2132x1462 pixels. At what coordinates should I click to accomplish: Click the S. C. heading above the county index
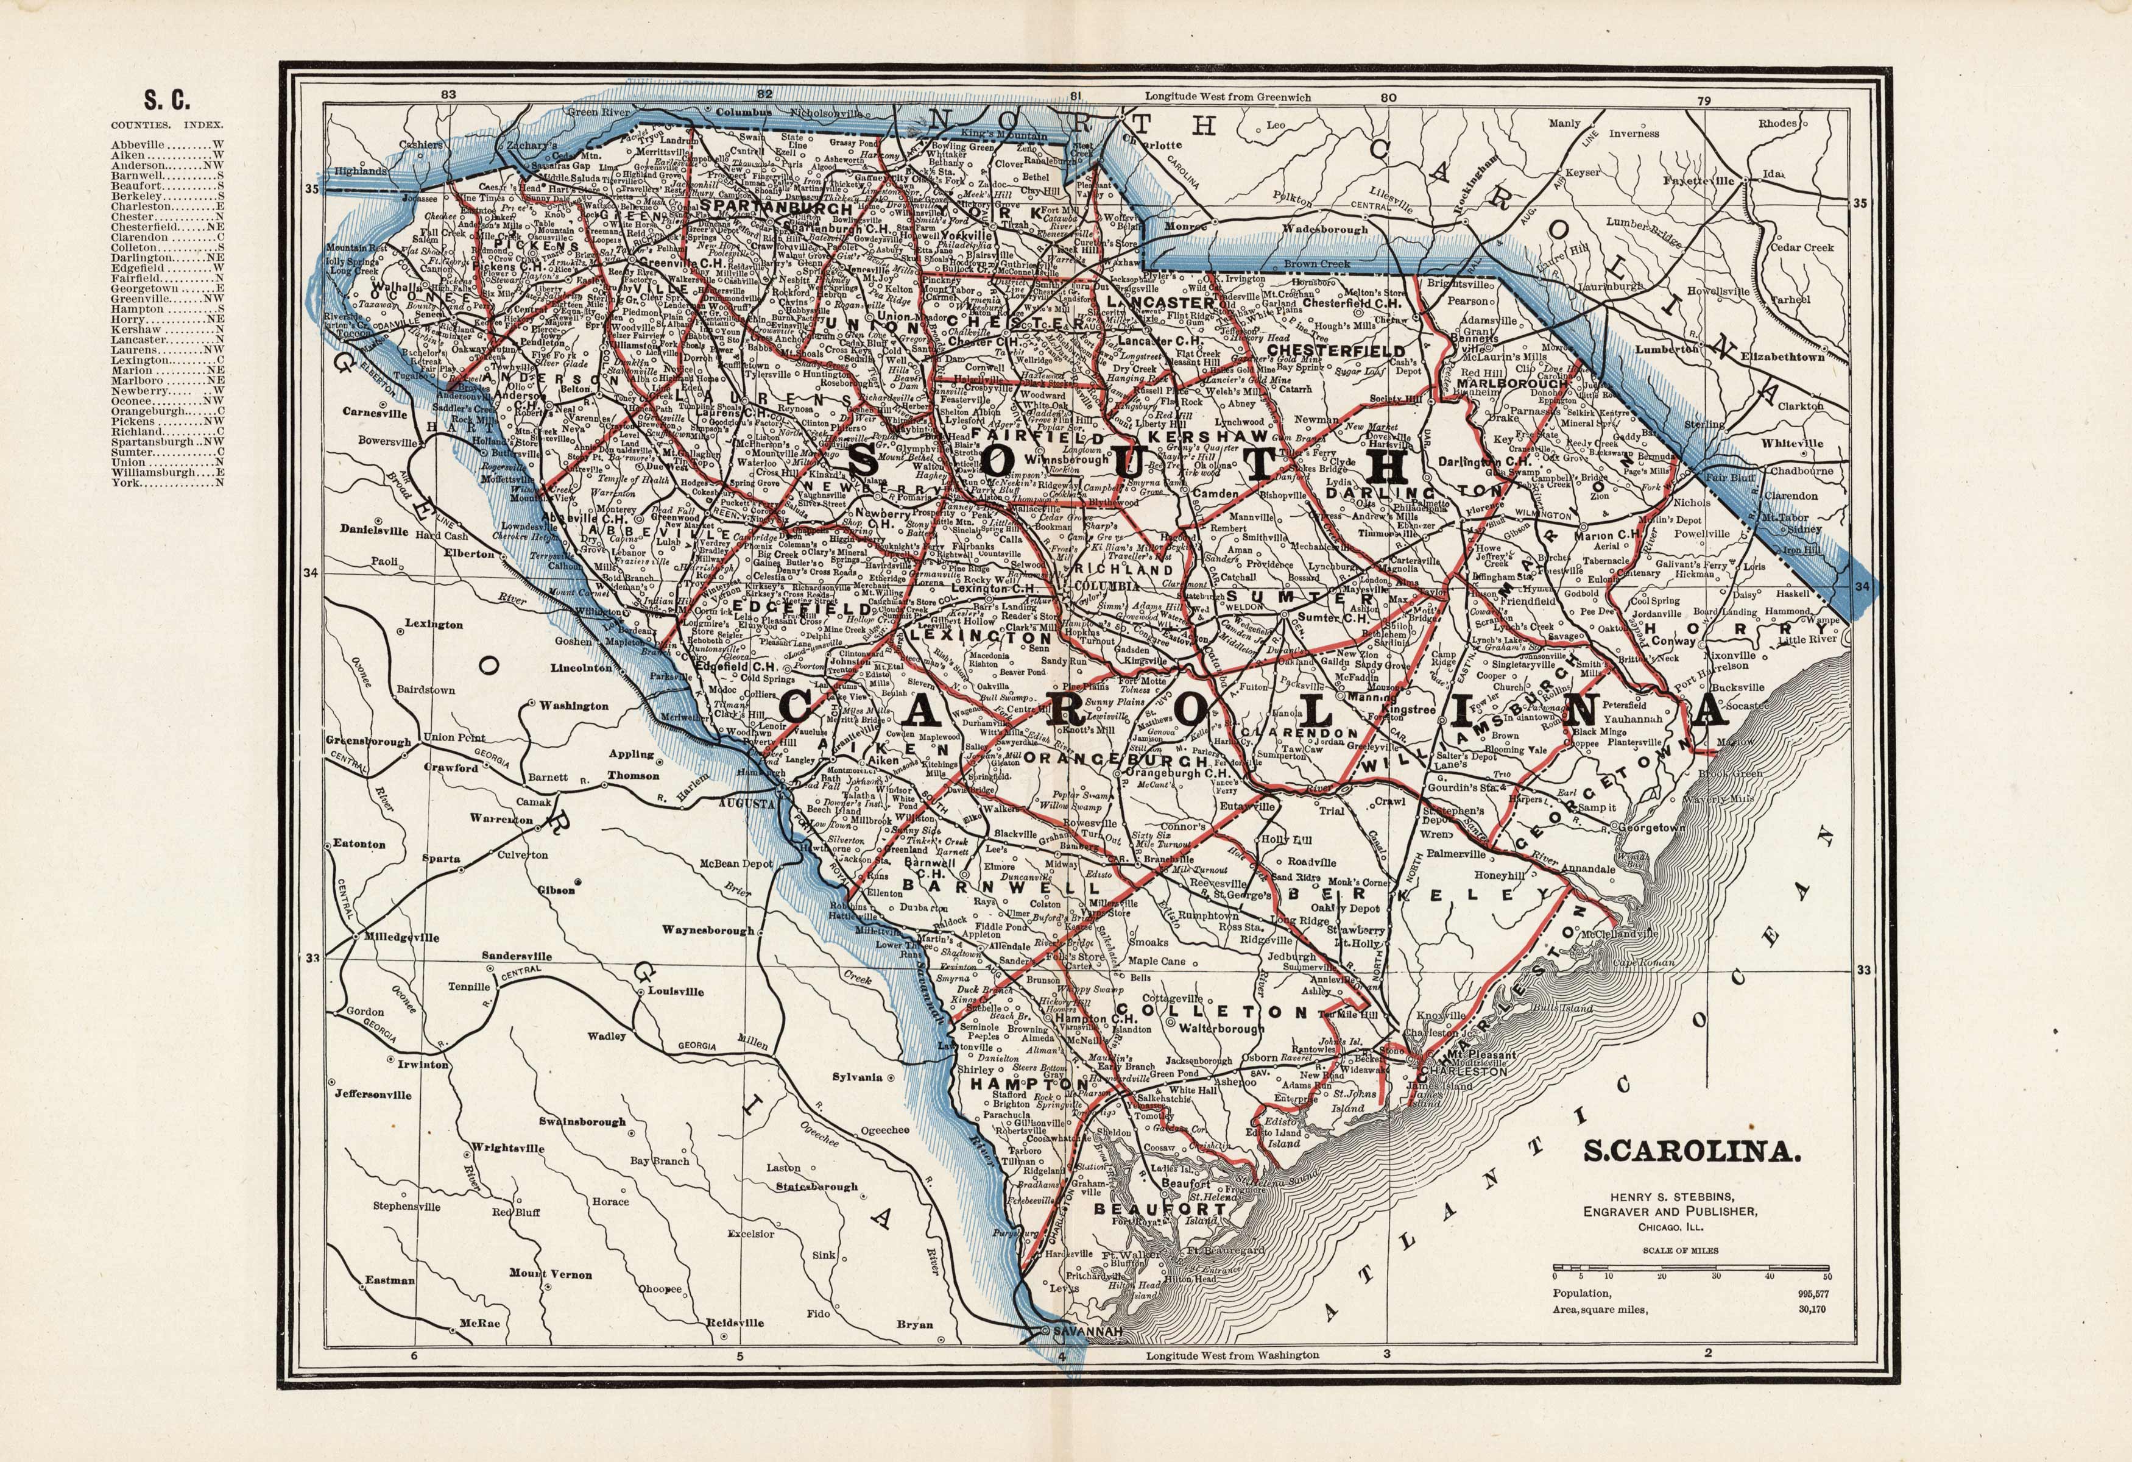pos(166,99)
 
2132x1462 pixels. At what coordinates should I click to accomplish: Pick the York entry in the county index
pos(125,483)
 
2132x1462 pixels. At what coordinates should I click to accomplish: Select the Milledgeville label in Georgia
pos(402,937)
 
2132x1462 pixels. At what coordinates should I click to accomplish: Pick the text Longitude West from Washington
pos(1232,1379)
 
